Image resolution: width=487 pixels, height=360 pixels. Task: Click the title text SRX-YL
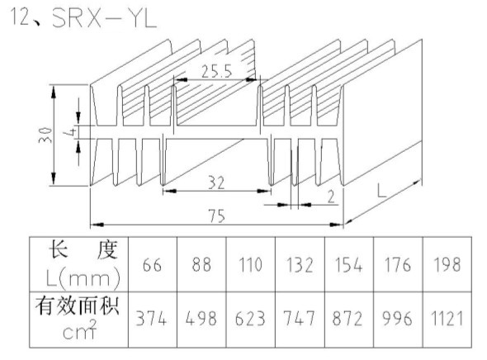point(104,18)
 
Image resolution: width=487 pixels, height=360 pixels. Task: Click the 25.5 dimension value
point(216,71)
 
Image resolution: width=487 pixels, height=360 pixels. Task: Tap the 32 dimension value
point(216,182)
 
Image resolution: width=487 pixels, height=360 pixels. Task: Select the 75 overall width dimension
point(216,216)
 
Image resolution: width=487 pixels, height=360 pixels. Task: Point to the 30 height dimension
point(45,135)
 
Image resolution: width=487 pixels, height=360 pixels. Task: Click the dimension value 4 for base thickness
point(70,132)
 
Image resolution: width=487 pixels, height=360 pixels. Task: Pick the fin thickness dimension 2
point(331,197)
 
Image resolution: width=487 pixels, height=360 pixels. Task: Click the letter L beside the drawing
point(381,191)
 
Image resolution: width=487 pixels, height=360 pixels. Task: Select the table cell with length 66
point(152,265)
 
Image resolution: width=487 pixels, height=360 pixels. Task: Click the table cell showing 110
point(250,265)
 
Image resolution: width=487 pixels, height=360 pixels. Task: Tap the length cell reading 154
point(348,265)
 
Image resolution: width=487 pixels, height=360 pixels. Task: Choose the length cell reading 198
point(447,265)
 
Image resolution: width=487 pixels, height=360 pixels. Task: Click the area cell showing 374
point(151,319)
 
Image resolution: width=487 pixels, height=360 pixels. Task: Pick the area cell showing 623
point(250,319)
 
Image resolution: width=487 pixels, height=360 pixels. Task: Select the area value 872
point(348,319)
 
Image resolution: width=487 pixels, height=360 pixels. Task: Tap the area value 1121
point(447,319)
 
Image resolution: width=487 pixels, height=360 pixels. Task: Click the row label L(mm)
point(83,278)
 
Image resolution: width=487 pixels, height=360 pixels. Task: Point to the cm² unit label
point(80,330)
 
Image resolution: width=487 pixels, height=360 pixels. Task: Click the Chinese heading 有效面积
point(78,306)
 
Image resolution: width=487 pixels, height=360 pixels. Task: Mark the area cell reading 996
point(397,319)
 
